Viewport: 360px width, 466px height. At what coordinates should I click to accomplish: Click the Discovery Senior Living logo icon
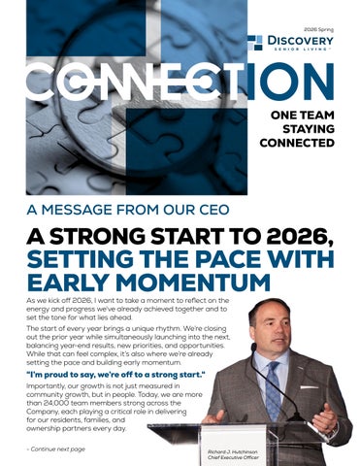tap(254, 42)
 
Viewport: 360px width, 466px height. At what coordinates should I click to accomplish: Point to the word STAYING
tap(308, 128)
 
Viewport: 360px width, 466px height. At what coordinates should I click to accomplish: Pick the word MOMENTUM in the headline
tap(194, 283)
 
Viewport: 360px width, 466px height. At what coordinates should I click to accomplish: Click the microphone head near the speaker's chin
tap(254, 347)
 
